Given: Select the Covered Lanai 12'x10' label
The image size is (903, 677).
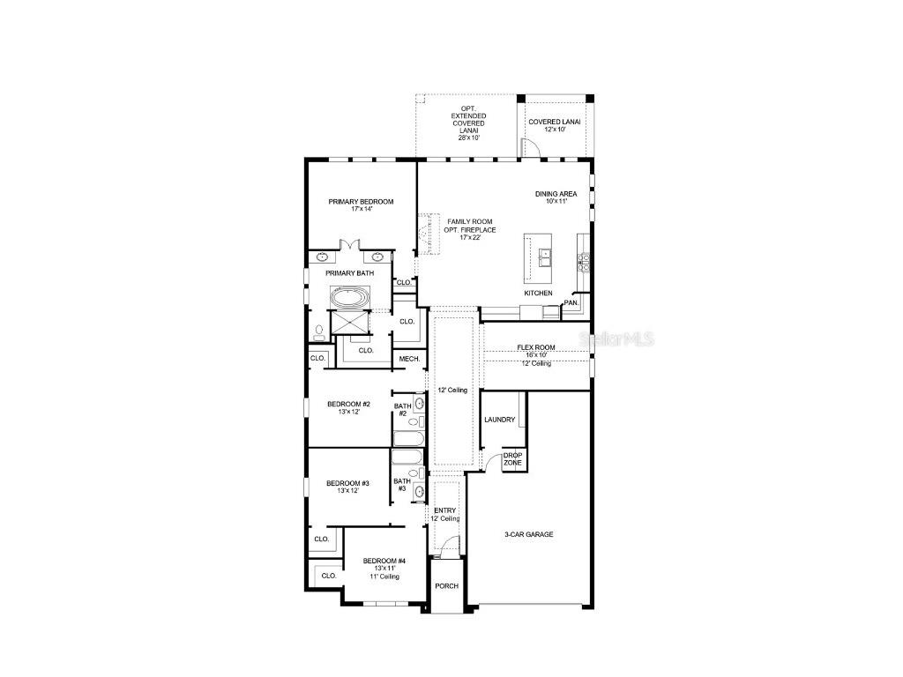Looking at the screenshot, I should (x=554, y=125).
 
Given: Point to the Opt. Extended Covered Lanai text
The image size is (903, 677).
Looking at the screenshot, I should (x=467, y=123).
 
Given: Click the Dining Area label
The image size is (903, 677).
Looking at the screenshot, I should (x=556, y=197).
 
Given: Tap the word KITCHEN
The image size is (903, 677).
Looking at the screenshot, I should (x=538, y=294).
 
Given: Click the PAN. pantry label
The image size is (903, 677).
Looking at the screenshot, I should (x=571, y=302).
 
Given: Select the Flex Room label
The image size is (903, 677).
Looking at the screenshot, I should (x=536, y=352).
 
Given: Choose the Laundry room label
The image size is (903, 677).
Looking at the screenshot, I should (x=499, y=420).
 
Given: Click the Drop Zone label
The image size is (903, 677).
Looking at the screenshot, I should (x=512, y=459).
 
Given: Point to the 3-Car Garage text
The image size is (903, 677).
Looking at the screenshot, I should (x=528, y=534).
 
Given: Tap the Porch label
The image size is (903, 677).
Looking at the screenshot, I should (x=446, y=586).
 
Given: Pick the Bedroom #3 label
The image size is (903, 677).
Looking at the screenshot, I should (x=347, y=487).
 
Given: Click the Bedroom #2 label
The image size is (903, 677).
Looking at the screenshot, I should (x=348, y=407).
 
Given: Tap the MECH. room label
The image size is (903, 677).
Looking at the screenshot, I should (x=409, y=359).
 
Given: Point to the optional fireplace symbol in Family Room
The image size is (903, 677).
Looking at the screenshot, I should (x=429, y=234).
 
